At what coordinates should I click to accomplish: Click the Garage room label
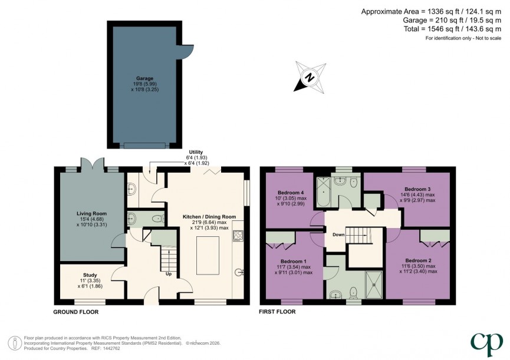pos(144,78)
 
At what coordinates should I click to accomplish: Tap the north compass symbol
pos(310,77)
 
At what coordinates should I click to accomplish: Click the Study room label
pos(90,275)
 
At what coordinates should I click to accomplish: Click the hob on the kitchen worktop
pos(239,237)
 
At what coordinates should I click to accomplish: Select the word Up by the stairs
pos(169,273)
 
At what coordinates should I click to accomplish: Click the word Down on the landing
pos(338,235)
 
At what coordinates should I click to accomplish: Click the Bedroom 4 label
pos(290,192)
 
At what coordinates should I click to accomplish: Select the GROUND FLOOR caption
pos(76,312)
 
